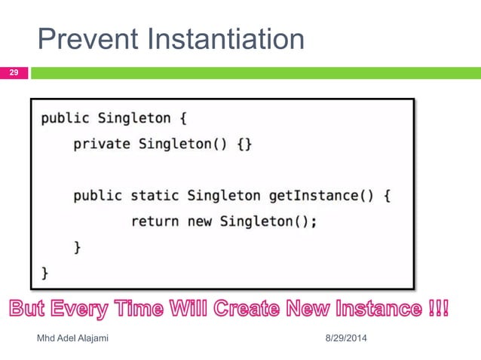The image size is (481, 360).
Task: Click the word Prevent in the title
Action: point(82,39)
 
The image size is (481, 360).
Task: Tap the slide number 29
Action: point(14,73)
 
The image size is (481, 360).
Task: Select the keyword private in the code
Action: point(102,144)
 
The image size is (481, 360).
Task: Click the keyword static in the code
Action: point(156,196)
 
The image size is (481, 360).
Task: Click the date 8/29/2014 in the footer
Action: point(345,338)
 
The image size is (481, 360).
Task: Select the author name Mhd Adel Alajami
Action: point(73,338)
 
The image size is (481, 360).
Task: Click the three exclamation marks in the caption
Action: point(439,310)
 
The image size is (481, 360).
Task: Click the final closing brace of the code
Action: point(44,273)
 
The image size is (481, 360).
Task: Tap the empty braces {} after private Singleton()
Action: point(245,144)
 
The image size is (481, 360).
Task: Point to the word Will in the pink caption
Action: point(185,310)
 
